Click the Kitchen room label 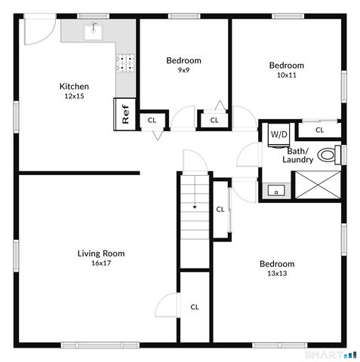pos(75,86)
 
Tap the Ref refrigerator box pos(125,114)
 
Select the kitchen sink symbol pos(95,31)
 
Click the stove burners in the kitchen pos(125,63)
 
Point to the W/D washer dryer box pos(278,133)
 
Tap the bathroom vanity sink pos(277,191)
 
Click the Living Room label pos(101,253)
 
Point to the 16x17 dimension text pos(101,263)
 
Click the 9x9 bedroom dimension pos(183,70)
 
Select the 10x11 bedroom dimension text pos(286,75)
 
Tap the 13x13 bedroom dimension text pos(276,273)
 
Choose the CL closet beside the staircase pos(220,210)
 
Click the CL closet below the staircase pos(194,307)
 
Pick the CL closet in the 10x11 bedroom pos(319,130)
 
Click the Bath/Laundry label pos(297,155)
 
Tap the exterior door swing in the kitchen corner pos(36,32)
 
